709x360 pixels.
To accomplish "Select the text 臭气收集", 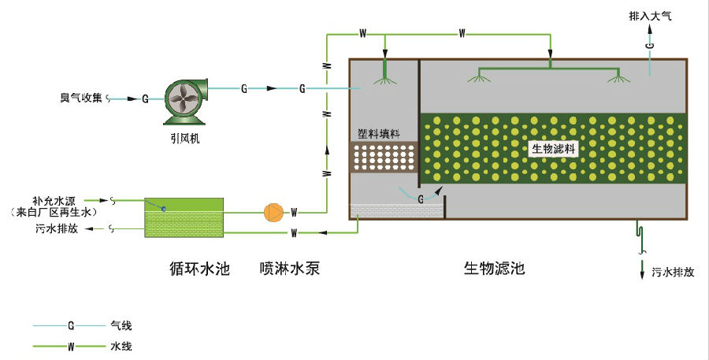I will pyautogui.click(x=81, y=98).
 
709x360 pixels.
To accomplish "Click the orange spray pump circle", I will pyautogui.click(x=273, y=213).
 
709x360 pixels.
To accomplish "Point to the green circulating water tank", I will pyautogui.click(x=184, y=217).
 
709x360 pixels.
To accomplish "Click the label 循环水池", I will pyautogui.click(x=199, y=269).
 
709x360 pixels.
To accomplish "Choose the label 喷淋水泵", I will pyautogui.click(x=290, y=269).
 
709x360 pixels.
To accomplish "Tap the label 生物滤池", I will pyautogui.click(x=493, y=269).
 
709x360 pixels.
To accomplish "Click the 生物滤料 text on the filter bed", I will pyautogui.click(x=551, y=148).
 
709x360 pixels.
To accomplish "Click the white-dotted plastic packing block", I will pyautogui.click(x=384, y=157).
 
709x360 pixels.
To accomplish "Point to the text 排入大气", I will pyautogui.click(x=650, y=16).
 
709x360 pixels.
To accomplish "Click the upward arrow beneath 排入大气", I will pyautogui.click(x=649, y=29).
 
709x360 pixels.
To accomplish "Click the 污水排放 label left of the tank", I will pyautogui.click(x=56, y=229).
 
